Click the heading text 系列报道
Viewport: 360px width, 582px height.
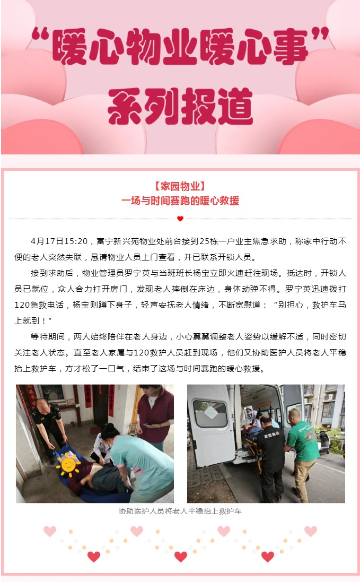(x=180, y=106)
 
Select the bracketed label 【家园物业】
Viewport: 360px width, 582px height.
(x=180, y=186)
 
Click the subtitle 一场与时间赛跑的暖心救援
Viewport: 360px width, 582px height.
(x=180, y=201)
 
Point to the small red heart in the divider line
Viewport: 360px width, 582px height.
(x=180, y=219)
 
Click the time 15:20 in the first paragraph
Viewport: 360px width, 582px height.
(x=76, y=241)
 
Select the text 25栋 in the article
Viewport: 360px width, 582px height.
(x=209, y=241)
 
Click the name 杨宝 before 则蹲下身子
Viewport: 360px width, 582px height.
(x=81, y=305)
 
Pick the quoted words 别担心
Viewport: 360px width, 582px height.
(x=291, y=305)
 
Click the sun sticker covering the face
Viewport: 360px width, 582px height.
(x=68, y=464)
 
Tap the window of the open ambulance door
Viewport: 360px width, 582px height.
(x=210, y=414)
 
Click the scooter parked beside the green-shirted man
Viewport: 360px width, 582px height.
(x=322, y=442)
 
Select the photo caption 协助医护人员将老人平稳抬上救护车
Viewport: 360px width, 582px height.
(x=180, y=511)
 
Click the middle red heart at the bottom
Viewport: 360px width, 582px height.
(x=181, y=557)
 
